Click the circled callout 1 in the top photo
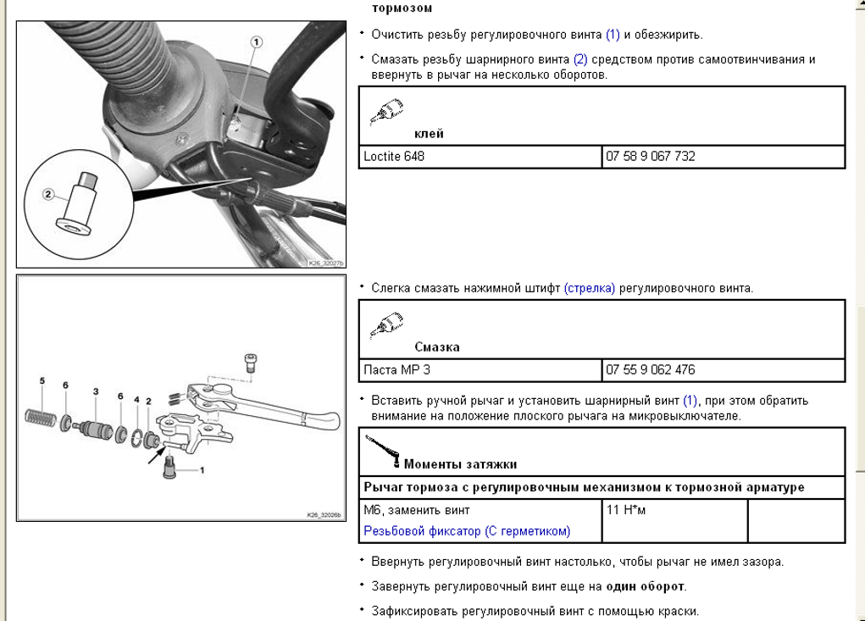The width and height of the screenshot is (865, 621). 257,42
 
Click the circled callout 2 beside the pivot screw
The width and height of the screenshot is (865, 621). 48,194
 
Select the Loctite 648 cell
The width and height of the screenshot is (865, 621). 394,157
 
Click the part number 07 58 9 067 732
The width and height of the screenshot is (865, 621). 650,157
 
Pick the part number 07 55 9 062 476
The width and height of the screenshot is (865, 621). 650,370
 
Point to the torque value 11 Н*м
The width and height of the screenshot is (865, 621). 626,511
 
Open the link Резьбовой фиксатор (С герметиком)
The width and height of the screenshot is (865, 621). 467,531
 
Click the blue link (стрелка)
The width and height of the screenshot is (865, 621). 590,289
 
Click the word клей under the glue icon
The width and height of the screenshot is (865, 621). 429,134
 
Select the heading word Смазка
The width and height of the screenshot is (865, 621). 437,347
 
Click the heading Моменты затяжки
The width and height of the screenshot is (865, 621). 460,464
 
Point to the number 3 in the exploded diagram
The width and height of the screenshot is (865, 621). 96,391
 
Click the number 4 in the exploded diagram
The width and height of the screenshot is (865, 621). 136,400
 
